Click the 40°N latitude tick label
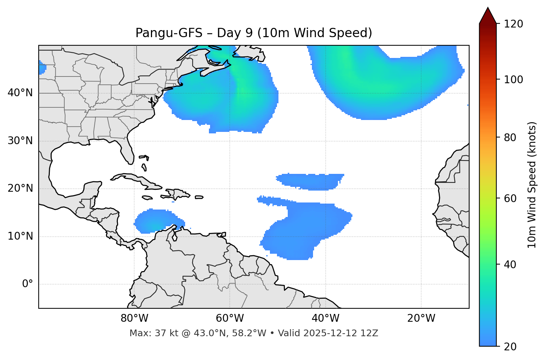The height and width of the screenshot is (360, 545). point(20,93)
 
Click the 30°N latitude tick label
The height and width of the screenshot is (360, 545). point(20,141)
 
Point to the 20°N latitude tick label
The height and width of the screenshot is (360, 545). point(20,188)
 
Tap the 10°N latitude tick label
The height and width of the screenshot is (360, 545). point(20,236)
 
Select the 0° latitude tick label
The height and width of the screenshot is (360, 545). point(28,284)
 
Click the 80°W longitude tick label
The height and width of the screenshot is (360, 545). point(134,318)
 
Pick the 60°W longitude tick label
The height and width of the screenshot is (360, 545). point(230,318)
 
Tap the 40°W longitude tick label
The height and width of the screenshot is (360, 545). point(325,318)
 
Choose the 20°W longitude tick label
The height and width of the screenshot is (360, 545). point(421,318)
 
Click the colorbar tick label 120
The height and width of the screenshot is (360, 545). point(513,24)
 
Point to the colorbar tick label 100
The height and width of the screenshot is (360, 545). point(513,80)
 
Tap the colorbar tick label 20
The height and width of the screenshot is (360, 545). point(510,347)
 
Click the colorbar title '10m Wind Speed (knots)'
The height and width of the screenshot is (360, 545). point(532,185)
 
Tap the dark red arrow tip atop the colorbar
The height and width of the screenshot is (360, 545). point(488,14)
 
